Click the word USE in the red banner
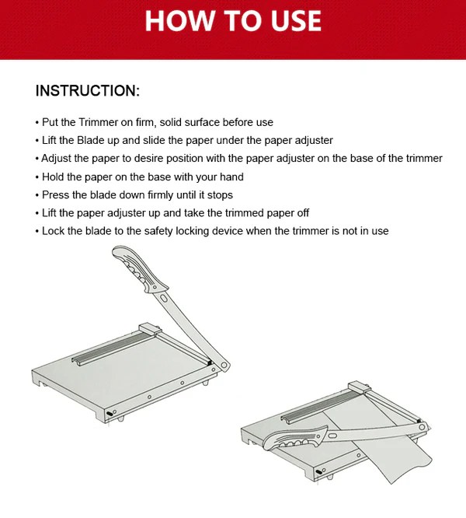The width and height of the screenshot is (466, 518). (296, 20)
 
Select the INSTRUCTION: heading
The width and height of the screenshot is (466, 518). (88, 90)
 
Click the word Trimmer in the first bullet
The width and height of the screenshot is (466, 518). (99, 122)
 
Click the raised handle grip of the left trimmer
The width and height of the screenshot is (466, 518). (139, 268)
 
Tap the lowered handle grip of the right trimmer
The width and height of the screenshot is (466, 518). (294, 439)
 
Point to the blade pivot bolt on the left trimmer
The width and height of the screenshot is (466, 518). (224, 366)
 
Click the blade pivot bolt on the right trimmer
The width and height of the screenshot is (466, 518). (422, 427)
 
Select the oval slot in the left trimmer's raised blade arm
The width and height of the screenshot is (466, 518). (163, 299)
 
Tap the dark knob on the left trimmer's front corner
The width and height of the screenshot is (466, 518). (110, 414)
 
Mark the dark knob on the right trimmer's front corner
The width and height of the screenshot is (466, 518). (318, 472)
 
